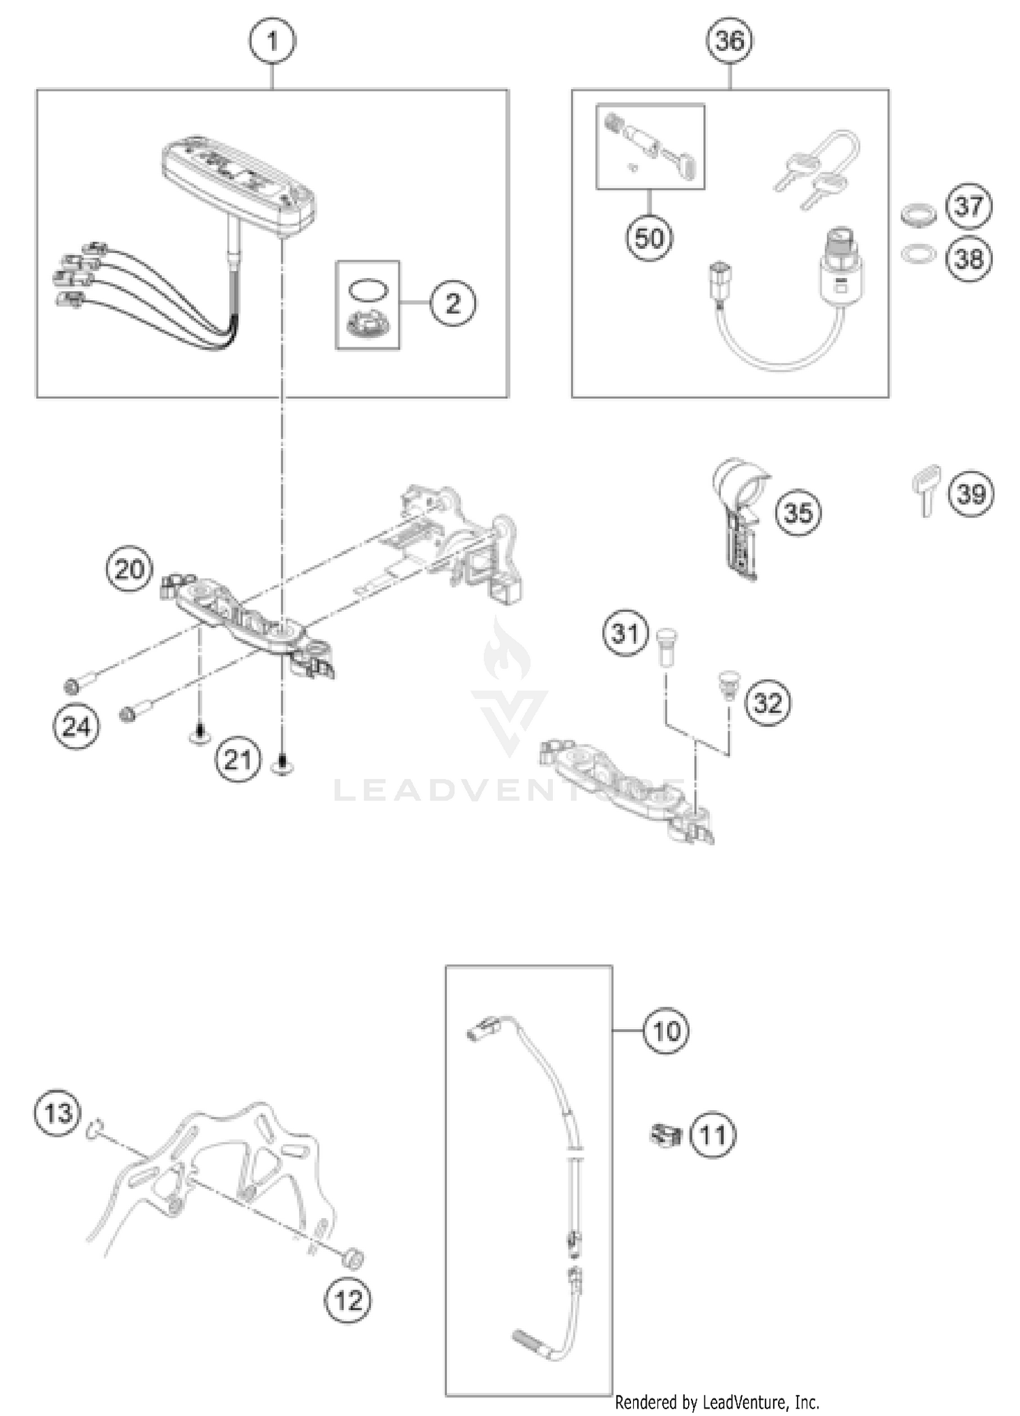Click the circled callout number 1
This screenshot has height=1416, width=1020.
tap(272, 41)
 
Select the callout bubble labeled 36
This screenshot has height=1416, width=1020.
tap(730, 41)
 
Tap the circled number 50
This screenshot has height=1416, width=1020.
tap(649, 238)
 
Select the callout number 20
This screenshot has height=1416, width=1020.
tap(129, 568)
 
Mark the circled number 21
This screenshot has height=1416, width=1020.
tap(237, 759)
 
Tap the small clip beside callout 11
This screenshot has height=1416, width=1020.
tap(666, 1134)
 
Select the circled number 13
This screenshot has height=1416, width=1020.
tap(58, 1113)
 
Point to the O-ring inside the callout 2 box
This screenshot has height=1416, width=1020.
tap(368, 289)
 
